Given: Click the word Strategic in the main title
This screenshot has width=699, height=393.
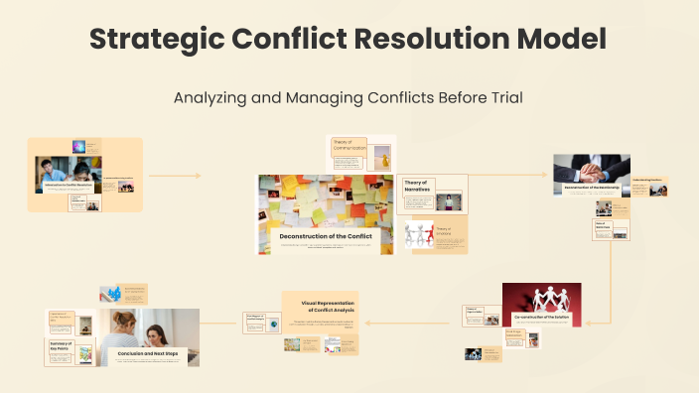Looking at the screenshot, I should (x=150, y=40).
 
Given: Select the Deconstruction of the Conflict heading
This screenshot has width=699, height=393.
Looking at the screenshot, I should (x=327, y=235).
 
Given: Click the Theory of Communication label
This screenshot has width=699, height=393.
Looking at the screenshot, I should (x=349, y=146).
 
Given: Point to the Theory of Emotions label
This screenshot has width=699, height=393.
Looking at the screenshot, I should (x=444, y=232).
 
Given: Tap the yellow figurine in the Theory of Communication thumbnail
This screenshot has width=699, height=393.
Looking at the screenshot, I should (x=383, y=159).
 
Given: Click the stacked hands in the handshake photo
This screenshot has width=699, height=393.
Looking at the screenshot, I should (x=591, y=168).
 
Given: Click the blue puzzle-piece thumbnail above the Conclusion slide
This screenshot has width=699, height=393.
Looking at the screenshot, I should (x=111, y=294).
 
